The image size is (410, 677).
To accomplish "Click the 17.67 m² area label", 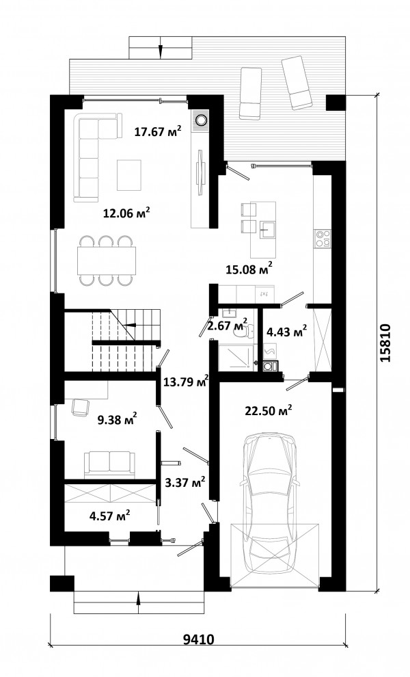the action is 157,131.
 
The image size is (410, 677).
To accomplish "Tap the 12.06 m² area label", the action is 126,212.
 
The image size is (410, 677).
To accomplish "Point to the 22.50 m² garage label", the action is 269,410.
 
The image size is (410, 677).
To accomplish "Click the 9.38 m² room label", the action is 118,419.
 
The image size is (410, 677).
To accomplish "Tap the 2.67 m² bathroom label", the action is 228,324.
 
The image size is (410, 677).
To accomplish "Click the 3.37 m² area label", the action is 184,482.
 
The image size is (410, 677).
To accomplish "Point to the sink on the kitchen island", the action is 268,230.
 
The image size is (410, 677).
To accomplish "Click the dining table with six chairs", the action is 106,260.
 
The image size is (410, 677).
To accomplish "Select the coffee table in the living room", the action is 129,175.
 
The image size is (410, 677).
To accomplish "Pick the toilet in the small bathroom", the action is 241,330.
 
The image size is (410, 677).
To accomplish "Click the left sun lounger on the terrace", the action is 251,92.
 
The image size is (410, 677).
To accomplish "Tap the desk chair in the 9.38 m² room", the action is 80,408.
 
